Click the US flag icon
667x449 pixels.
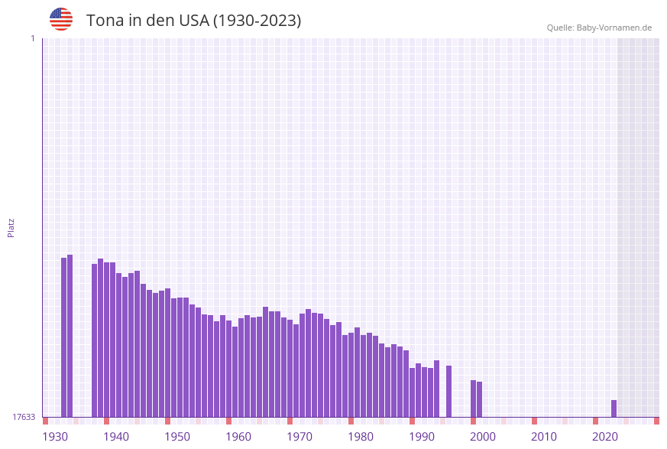click(61, 19)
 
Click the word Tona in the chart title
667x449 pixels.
click(103, 21)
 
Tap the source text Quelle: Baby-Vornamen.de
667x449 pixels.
click(599, 28)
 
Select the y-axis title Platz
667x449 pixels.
click(11, 227)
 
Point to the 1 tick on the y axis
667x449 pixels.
click(32, 38)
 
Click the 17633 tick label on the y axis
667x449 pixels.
click(24, 417)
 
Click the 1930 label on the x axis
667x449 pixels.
click(55, 437)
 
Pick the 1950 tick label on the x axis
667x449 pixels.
click(177, 437)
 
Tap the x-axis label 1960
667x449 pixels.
click(238, 437)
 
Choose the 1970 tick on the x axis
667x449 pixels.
click(300, 437)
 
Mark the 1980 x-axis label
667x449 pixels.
click(361, 437)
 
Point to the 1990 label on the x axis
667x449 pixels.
click(422, 437)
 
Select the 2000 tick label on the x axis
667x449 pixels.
click(483, 437)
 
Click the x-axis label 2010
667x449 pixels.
click(544, 437)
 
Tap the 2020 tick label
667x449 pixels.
click(605, 437)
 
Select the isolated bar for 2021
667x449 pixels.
click(614, 408)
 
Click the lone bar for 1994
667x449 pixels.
click(448, 391)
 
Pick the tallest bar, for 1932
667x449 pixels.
click(70, 336)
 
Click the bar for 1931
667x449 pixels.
click(63, 337)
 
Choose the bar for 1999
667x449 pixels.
click(479, 399)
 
